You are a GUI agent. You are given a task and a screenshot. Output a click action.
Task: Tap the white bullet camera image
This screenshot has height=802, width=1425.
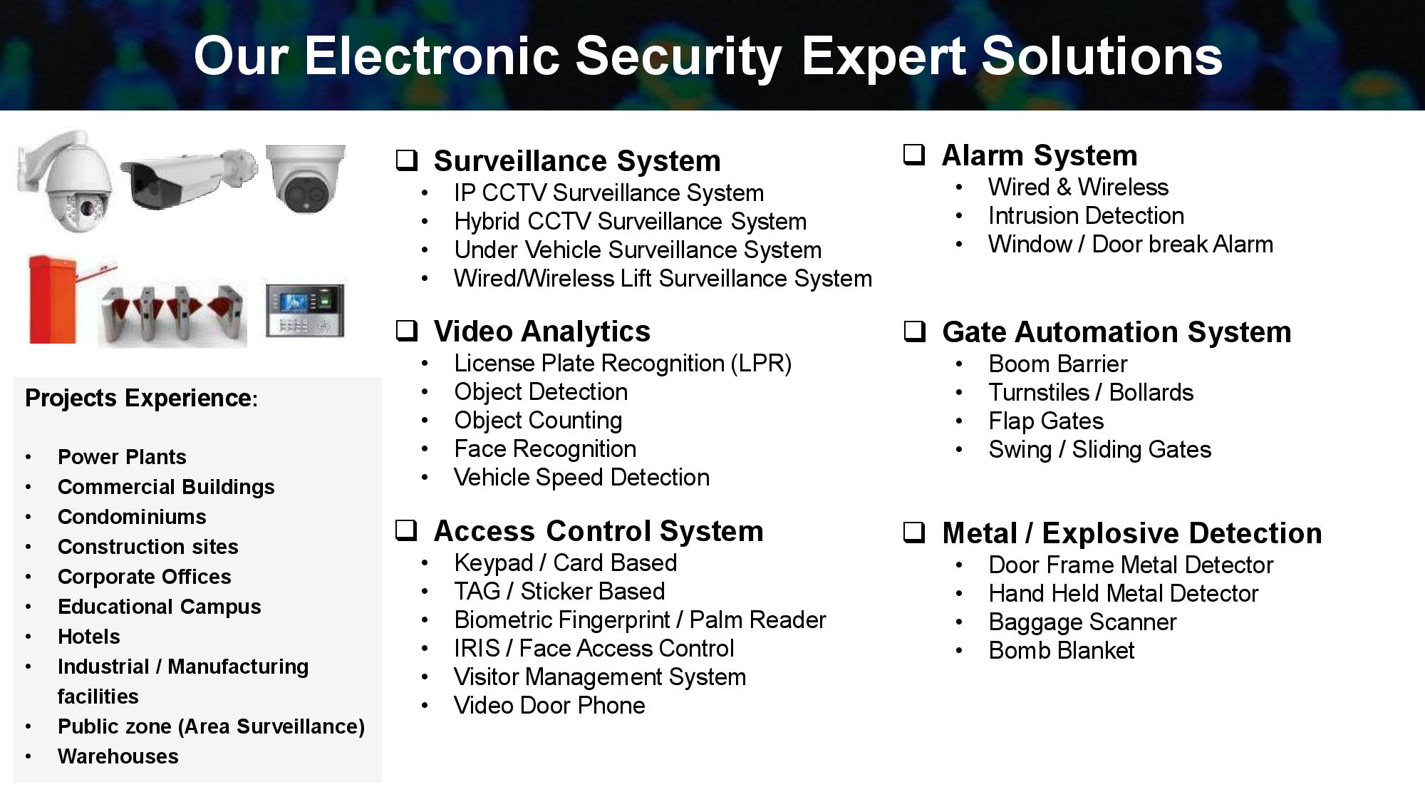[189, 178]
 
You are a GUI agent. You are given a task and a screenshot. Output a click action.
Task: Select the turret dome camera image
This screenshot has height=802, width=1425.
[306, 178]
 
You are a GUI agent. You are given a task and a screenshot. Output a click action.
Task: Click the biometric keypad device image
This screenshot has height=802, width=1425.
[305, 310]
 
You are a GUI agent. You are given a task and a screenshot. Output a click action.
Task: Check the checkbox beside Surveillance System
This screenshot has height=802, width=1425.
[407, 160]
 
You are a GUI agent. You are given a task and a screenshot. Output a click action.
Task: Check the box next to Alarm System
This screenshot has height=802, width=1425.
[914, 154]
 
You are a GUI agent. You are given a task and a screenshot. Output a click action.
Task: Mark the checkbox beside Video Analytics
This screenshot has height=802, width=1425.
[407, 330]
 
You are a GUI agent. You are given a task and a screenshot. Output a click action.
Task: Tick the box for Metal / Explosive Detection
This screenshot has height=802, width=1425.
[914, 532]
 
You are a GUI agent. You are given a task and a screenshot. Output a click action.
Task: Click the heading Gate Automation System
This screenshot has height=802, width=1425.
[1116, 332]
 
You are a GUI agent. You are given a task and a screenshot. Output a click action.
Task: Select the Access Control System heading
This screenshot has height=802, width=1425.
[598, 532]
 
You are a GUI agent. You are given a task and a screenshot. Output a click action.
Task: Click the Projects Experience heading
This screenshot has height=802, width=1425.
[141, 398]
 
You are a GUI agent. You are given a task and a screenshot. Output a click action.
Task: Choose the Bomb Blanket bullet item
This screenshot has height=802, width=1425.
[1061, 650]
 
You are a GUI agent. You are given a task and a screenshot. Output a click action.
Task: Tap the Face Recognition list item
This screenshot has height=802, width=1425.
[545, 449]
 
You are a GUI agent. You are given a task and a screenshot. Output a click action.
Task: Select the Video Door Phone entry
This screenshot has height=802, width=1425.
[549, 706]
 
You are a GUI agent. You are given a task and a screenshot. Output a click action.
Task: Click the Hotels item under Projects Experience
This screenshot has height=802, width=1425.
[89, 637]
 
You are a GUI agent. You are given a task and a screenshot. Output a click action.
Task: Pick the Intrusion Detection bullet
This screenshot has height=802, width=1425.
[1086, 215]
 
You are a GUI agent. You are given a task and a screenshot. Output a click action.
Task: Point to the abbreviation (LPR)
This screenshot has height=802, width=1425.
[761, 364]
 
